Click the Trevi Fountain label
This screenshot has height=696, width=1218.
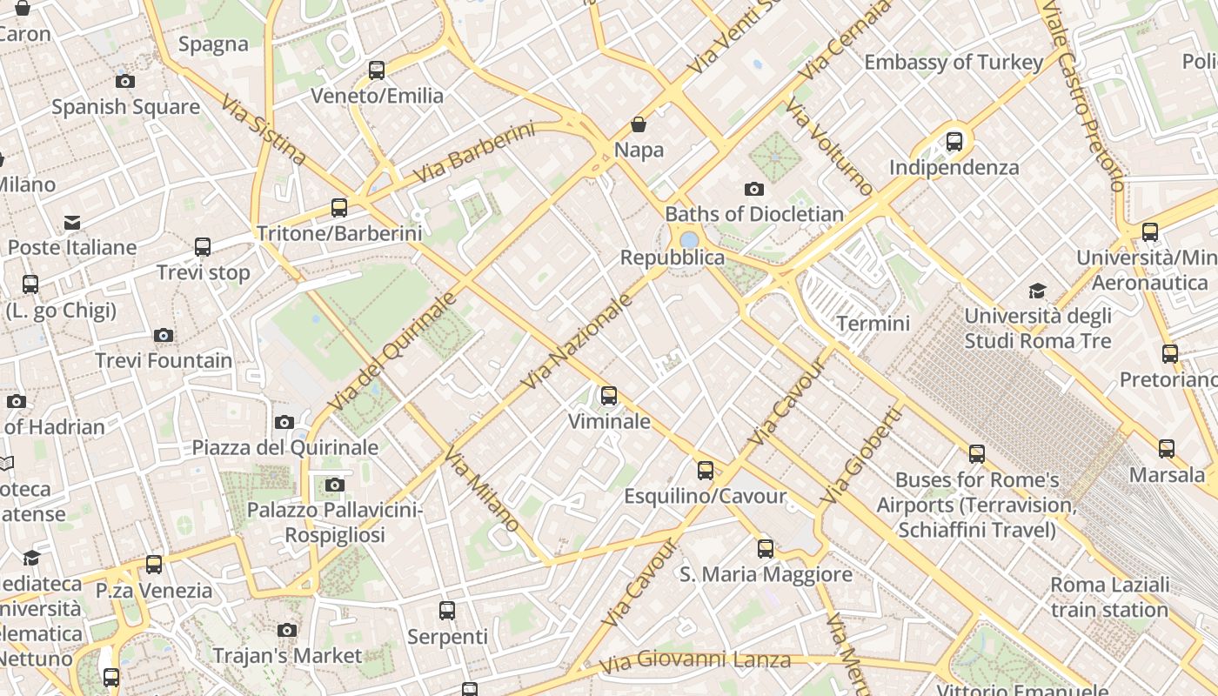[164, 360]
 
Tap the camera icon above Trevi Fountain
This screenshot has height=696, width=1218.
[163, 336]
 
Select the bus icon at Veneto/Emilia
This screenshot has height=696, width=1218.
[377, 70]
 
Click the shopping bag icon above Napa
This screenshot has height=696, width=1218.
[639, 125]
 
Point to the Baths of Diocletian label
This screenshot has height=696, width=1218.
[754, 214]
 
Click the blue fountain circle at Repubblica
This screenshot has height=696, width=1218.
[689, 239]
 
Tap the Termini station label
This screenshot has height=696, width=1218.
[873, 324]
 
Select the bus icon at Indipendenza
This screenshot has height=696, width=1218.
[954, 142]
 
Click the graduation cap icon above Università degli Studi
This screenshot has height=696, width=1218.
[1037, 291]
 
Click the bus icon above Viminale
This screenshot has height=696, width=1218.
[609, 396]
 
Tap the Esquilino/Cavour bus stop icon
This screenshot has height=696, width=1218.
[706, 471]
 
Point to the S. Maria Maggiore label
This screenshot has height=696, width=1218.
[766, 574]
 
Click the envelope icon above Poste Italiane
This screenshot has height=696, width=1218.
[72, 223]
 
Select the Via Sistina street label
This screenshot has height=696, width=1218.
[264, 130]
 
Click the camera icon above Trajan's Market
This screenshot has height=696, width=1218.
[287, 630]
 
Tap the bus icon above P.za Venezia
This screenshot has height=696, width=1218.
[154, 565]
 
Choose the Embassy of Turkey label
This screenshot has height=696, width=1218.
[953, 63]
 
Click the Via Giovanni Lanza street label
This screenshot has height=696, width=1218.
[695, 661]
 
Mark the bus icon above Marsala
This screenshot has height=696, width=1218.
[1167, 449]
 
